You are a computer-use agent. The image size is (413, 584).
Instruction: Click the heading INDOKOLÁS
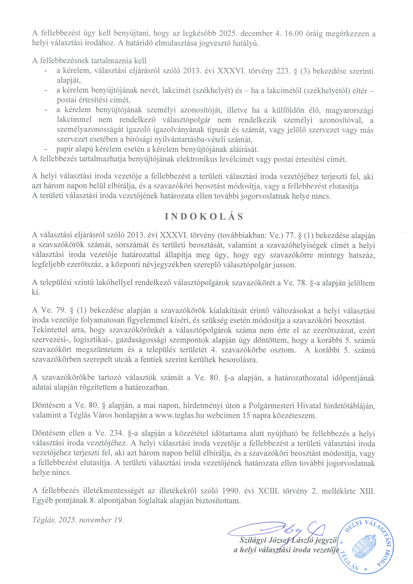(204, 217)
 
